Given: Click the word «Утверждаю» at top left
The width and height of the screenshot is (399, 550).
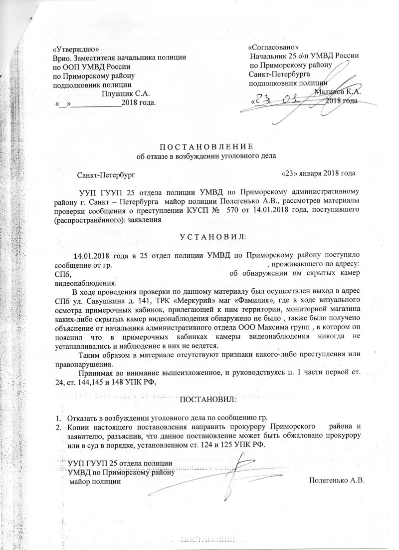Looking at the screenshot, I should pyautogui.click(x=76, y=49).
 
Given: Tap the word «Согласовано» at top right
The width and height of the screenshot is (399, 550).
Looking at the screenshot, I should pyautogui.click(x=273, y=47).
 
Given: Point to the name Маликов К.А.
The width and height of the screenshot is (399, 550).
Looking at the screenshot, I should pyautogui.click(x=339, y=92).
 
